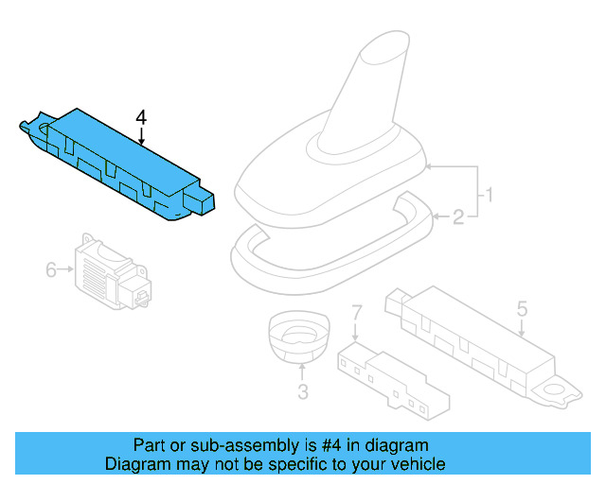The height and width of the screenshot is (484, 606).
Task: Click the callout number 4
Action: point(141,117)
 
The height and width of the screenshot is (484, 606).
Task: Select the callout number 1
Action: point(490,197)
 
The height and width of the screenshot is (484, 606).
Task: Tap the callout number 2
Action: point(457,218)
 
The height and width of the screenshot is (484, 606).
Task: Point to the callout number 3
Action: point(302,391)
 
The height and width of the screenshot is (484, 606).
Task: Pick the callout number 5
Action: point(522,308)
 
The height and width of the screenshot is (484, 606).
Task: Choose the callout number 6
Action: point(51,270)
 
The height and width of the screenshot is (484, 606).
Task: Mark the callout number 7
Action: point(357,311)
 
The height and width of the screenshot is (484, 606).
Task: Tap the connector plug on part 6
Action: point(143,296)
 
